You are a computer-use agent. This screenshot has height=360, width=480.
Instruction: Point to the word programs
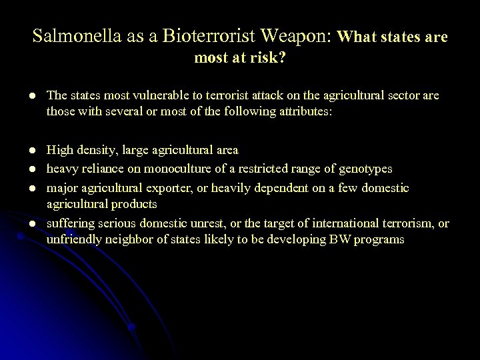(x=380, y=239)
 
